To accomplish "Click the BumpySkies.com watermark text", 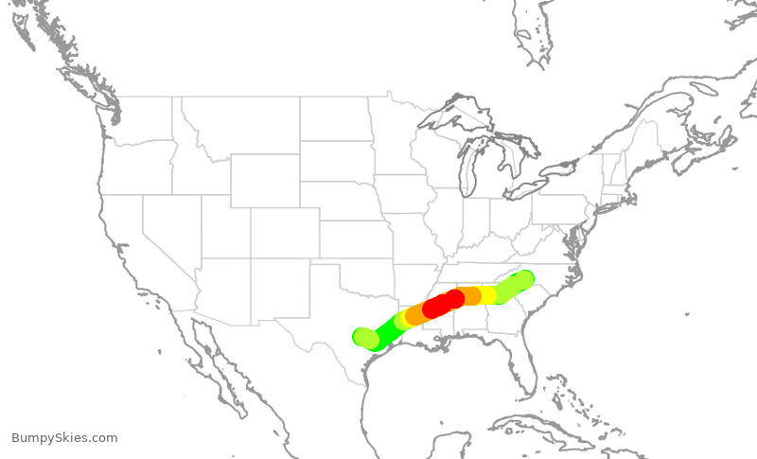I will (x=64, y=438).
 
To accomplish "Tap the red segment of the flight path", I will (x=442, y=304).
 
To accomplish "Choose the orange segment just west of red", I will (x=417, y=315).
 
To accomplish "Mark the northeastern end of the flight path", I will (x=524, y=279).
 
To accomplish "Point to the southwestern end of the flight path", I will (x=362, y=336).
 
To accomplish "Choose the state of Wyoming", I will (x=265, y=180).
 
